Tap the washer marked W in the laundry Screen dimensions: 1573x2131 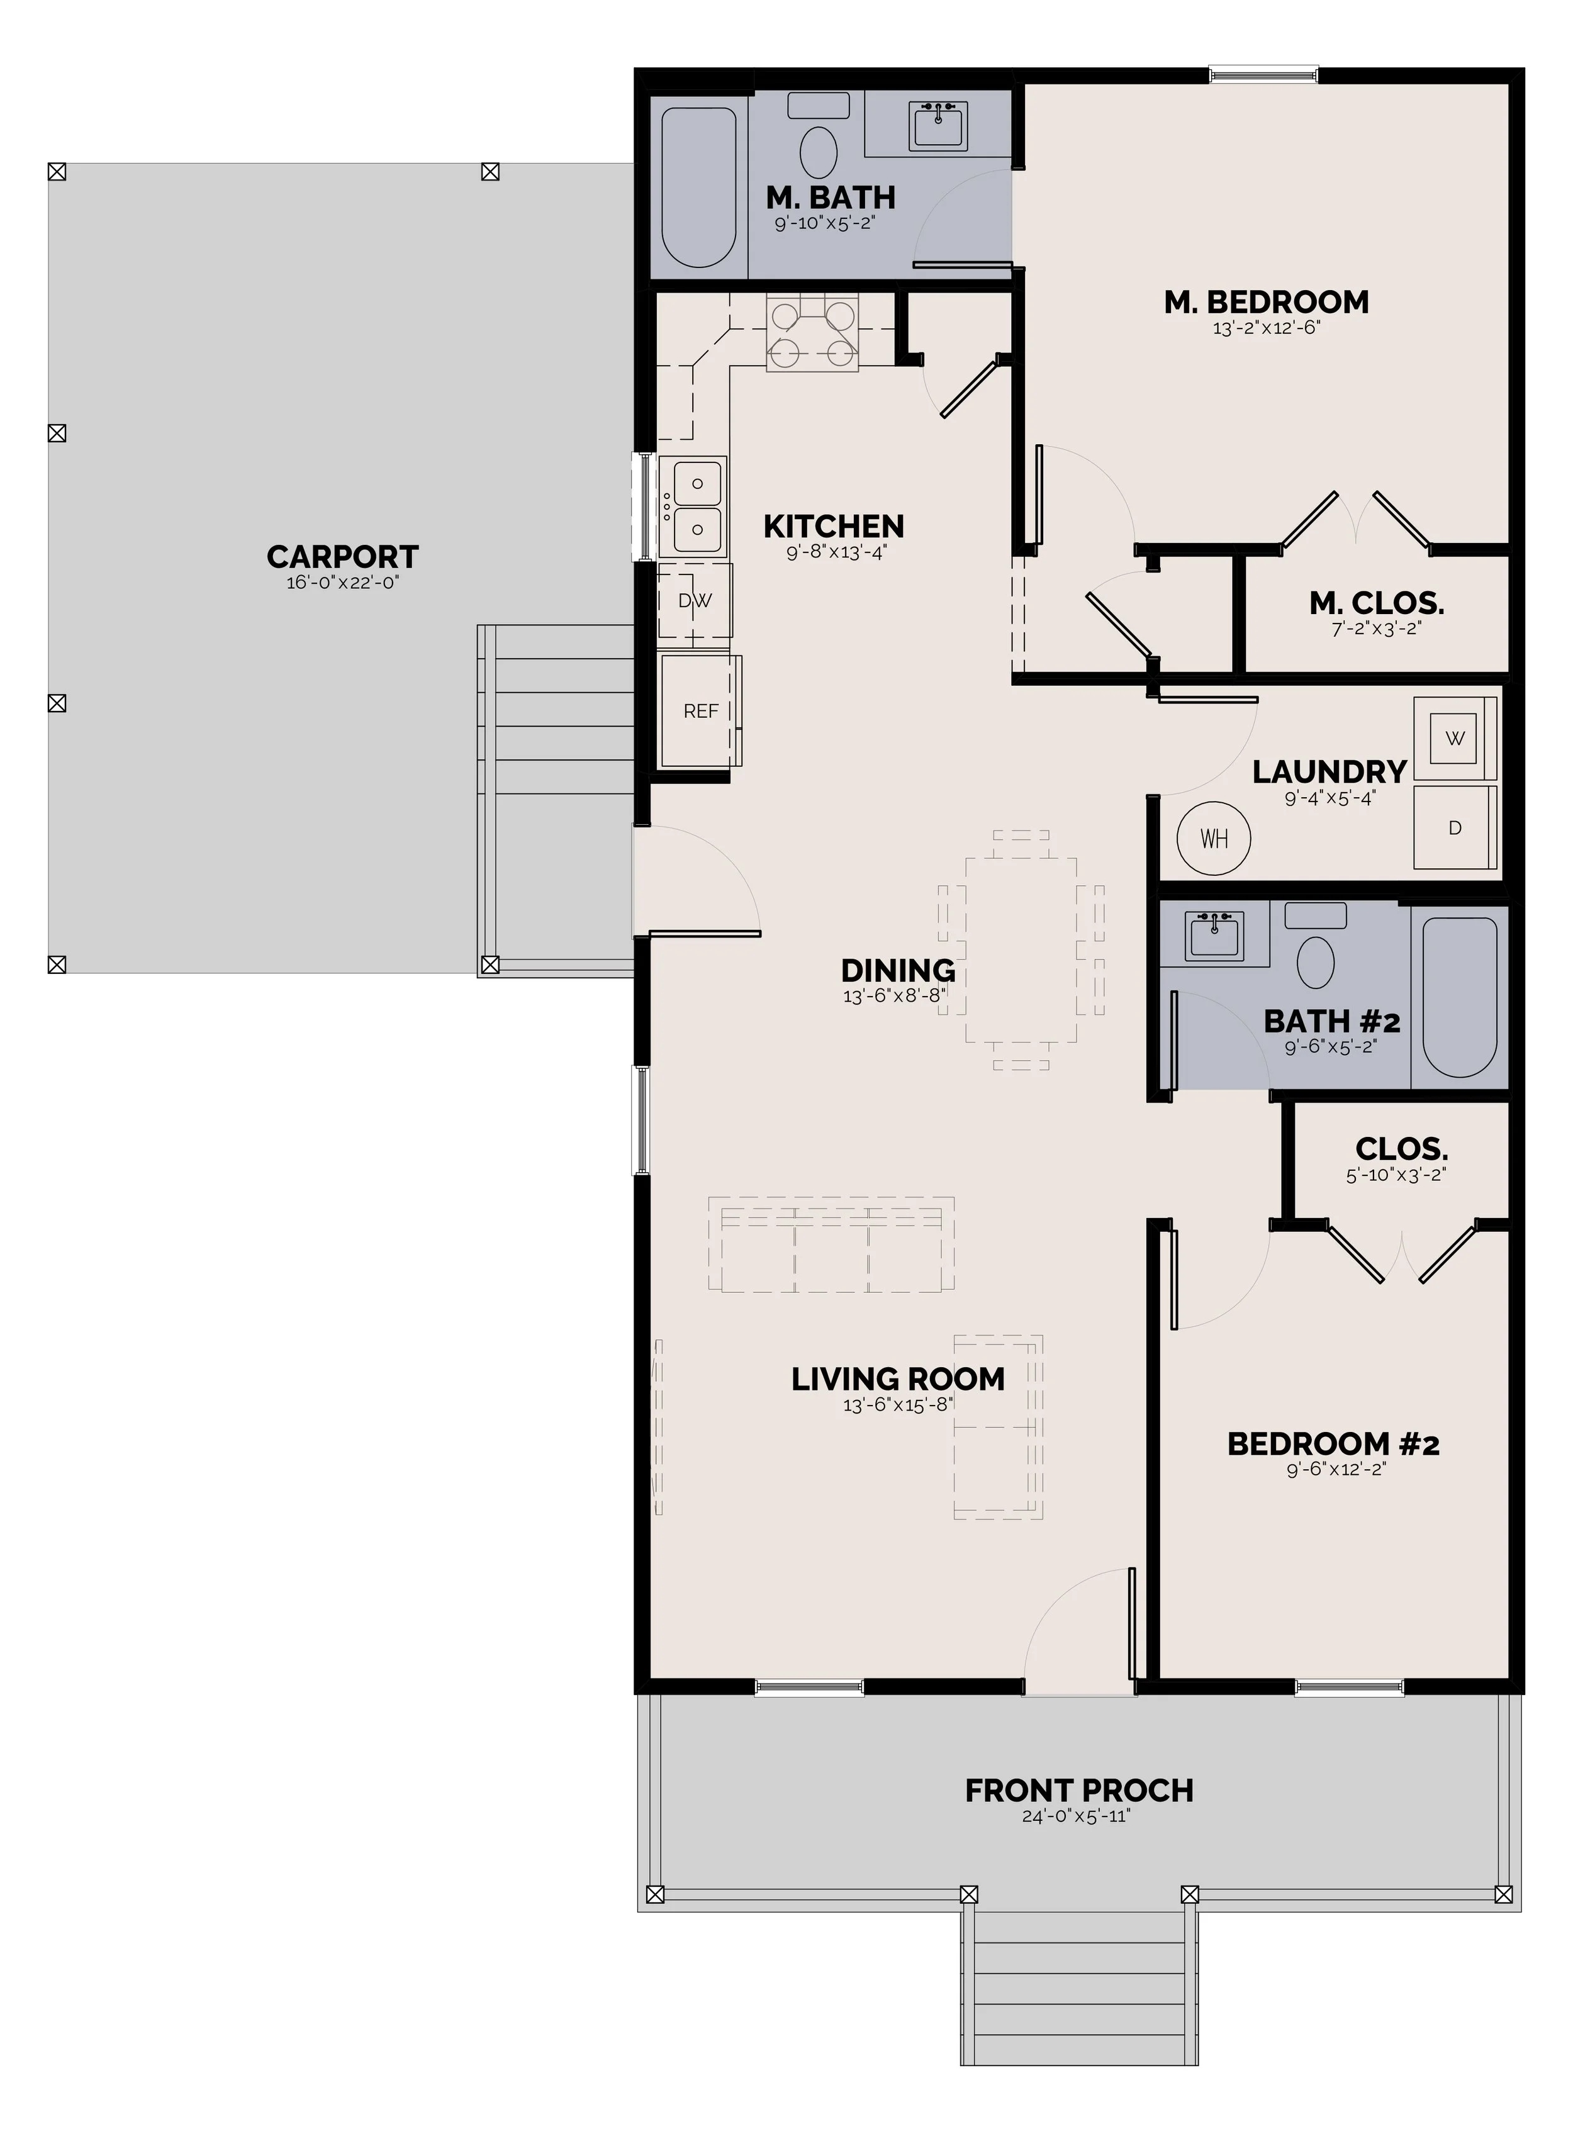tap(1455, 739)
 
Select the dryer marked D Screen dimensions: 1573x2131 tap(1455, 827)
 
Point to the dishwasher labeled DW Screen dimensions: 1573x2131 tap(695, 601)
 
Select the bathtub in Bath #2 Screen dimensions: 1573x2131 tap(1460, 997)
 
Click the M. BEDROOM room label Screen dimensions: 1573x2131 tap(1267, 303)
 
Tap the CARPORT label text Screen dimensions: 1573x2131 tap(343, 556)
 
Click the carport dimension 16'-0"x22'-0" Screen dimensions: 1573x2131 tap(343, 583)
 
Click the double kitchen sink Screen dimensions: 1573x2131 tap(693, 506)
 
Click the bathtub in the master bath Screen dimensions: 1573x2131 tap(699, 187)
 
